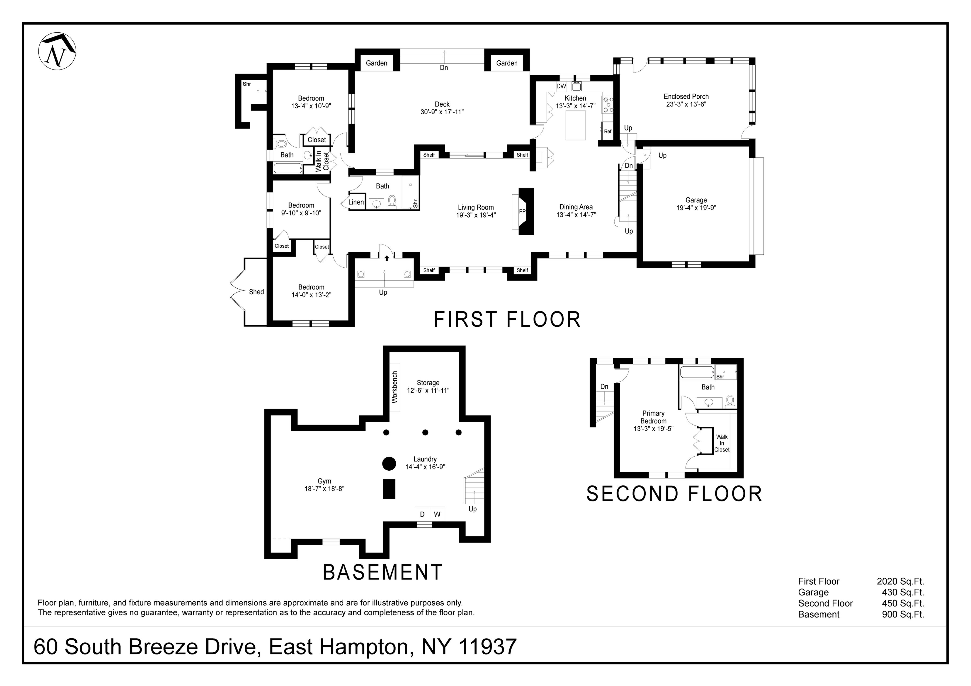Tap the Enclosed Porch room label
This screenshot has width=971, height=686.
coord(686,96)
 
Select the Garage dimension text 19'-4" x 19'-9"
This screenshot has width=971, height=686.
coord(696,208)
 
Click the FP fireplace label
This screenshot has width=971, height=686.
coord(522,211)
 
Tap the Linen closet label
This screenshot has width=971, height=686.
coord(356,202)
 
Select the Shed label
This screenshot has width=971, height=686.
coord(256,292)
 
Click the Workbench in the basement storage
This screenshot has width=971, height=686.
coord(395,387)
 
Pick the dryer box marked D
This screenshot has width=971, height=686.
coord(422,514)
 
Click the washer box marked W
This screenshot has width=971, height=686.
coord(437,514)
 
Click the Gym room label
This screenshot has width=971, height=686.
coord(324,481)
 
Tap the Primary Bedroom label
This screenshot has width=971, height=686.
coord(653,417)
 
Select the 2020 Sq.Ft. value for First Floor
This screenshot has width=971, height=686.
coord(900,582)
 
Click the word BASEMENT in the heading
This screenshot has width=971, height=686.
coord(383,572)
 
